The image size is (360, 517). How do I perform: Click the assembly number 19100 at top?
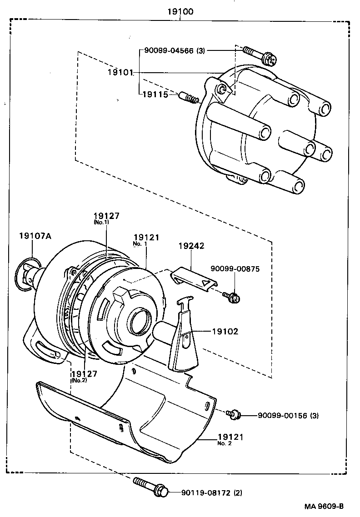click(180, 11)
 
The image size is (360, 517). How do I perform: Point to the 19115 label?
click(155, 94)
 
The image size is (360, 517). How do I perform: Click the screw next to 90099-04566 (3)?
click(256, 55)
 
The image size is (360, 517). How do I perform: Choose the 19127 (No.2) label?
click(84, 374)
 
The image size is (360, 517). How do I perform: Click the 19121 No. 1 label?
click(146, 238)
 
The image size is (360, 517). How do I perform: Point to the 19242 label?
click(191, 246)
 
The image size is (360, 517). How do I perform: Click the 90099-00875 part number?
click(235, 269)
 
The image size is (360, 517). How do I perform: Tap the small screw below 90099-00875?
click(232, 297)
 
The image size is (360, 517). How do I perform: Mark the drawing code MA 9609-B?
click(324, 506)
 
